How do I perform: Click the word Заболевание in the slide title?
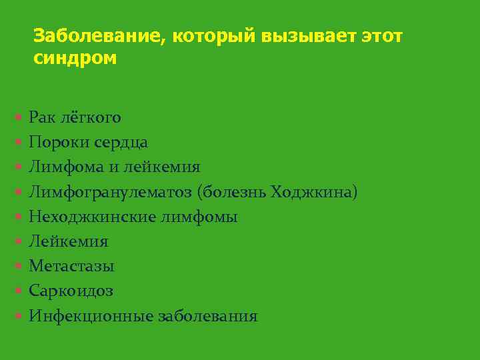pyautogui.click(x=93, y=35)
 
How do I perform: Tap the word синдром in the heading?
pyautogui.click(x=75, y=58)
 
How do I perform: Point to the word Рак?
pyautogui.click(x=41, y=118)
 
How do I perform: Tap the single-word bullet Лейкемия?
pyautogui.click(x=68, y=241)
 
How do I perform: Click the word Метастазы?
pyautogui.click(x=71, y=266)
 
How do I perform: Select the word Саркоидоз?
pyautogui.click(x=71, y=291)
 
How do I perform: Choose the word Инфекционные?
pyautogui.click(x=90, y=315)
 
